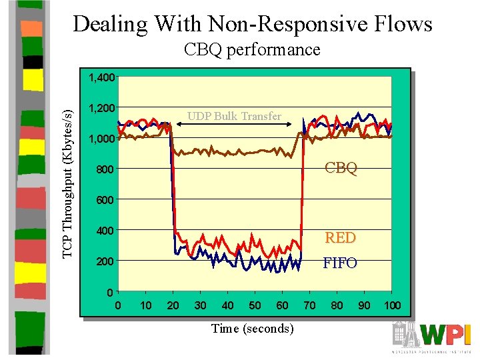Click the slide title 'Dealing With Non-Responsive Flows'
point(253,25)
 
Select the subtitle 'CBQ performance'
point(252,50)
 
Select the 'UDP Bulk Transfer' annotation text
point(234,117)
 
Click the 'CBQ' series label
point(341,168)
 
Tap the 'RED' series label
point(340,237)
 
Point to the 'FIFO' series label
point(340,263)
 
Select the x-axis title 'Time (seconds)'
point(252,328)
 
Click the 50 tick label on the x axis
point(255,305)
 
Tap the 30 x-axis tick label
point(200,305)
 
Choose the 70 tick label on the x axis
point(309,305)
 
